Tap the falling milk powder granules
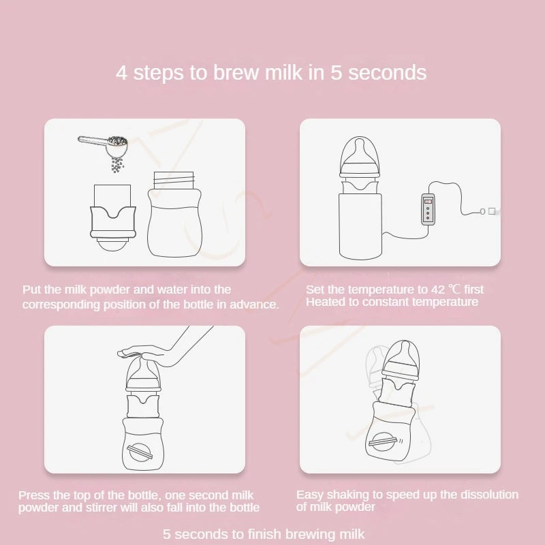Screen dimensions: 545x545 pos(117,165)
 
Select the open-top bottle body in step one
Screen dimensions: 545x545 pos(174,214)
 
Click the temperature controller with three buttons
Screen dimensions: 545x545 pos(428,210)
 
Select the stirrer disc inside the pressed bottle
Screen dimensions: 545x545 pos(140,452)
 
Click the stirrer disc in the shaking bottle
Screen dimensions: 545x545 pos(382,441)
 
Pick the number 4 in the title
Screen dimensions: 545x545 pos(121,73)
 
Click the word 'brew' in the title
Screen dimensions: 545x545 pos(236,73)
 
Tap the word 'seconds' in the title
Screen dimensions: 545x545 pos(387,73)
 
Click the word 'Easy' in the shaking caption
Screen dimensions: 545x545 pos(309,495)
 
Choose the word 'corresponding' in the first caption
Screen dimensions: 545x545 pos(61,305)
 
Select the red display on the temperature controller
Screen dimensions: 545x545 pos(428,201)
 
